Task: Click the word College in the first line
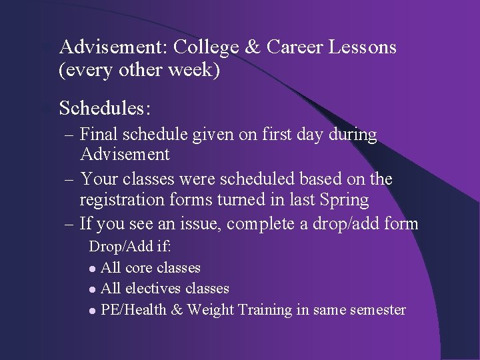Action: (x=206, y=47)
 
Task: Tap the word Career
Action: (x=297, y=47)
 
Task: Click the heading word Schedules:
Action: (x=105, y=107)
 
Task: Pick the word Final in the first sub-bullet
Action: (x=97, y=135)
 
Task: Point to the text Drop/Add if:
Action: (x=131, y=246)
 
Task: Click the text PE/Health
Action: (x=133, y=310)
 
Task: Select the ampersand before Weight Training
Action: (x=176, y=310)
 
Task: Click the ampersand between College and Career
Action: (x=252, y=47)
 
